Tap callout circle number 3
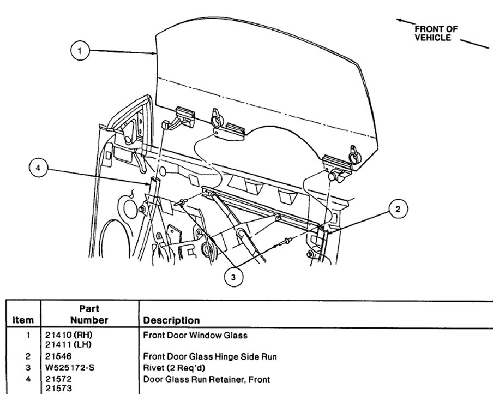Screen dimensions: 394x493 (x=233, y=277)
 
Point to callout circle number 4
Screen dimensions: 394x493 (x=38, y=169)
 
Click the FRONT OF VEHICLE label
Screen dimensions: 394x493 (x=436, y=33)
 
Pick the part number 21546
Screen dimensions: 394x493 (x=57, y=356)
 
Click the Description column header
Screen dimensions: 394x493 (x=171, y=320)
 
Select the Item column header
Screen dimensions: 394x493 (x=22, y=320)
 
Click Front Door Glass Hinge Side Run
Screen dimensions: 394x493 (x=210, y=356)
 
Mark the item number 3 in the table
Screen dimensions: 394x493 (x=27, y=367)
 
